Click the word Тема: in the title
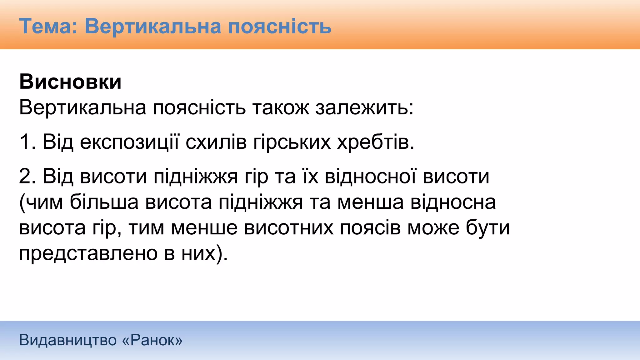[x=48, y=26]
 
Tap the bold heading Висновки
[x=70, y=82]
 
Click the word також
[x=280, y=107]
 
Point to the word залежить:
[x=364, y=107]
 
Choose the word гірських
[x=292, y=142]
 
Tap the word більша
[x=104, y=202]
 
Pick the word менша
[x=370, y=202]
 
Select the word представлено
[x=88, y=253]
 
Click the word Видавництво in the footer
[x=67, y=340]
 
